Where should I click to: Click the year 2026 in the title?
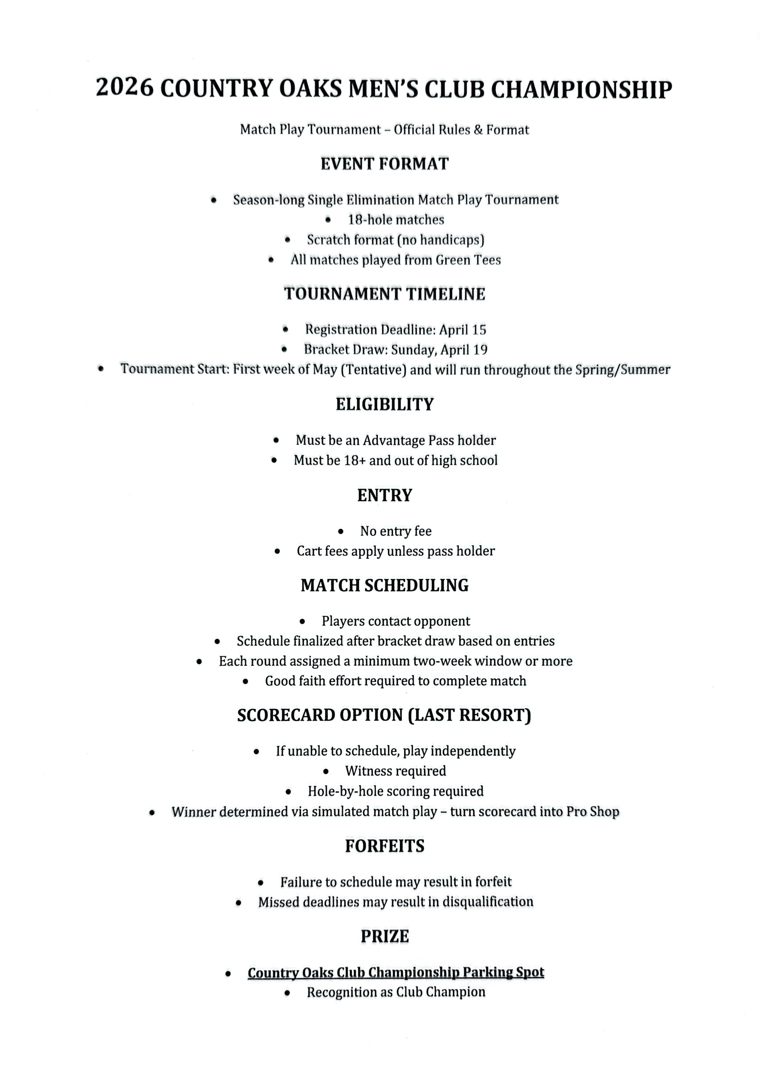(125, 88)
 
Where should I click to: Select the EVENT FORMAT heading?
(384, 164)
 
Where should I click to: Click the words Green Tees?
(468, 260)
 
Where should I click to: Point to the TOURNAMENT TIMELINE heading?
(384, 294)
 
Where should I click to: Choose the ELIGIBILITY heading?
(384, 404)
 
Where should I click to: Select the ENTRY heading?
(384, 495)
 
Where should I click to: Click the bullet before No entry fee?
(340, 531)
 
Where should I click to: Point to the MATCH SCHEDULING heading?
(384, 586)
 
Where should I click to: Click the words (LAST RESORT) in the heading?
(470, 716)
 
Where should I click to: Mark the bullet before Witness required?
(326, 771)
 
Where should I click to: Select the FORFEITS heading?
(384, 846)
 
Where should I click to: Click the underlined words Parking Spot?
(503, 973)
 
